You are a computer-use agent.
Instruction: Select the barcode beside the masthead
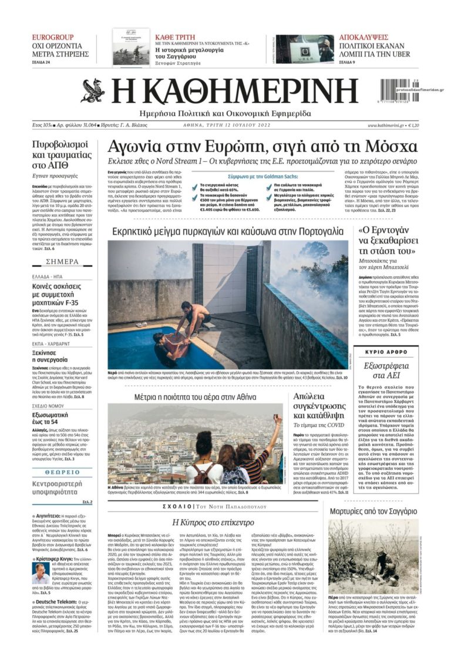(x=402, y=93)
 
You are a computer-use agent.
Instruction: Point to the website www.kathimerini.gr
(x=386, y=125)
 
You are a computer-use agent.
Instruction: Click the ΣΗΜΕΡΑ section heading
(x=62, y=262)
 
